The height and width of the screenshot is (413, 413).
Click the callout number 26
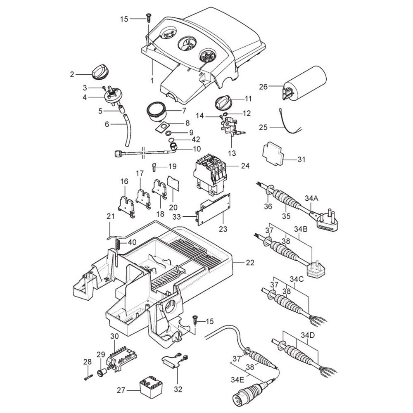coord(263,87)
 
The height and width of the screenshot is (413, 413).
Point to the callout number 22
coord(250,263)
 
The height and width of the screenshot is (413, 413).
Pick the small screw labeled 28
coord(87,376)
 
